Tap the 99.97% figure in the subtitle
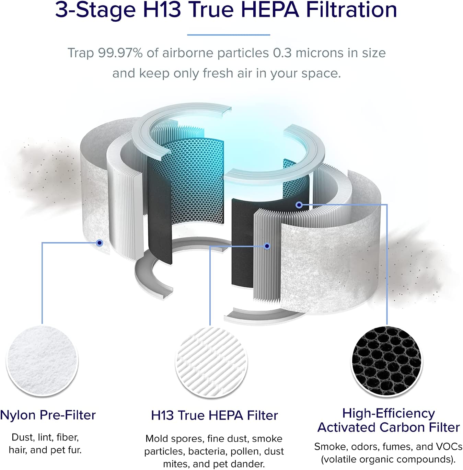point(120,53)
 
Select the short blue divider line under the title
point(229,35)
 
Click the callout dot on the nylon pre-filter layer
point(99,243)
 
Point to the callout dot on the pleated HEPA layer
point(267,246)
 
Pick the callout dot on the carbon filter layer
point(299,205)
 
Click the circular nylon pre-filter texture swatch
point(42,361)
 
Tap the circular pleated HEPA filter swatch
point(211,363)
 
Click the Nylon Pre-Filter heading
point(48,415)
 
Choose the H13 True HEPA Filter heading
point(215,415)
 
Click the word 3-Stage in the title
point(95,10)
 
